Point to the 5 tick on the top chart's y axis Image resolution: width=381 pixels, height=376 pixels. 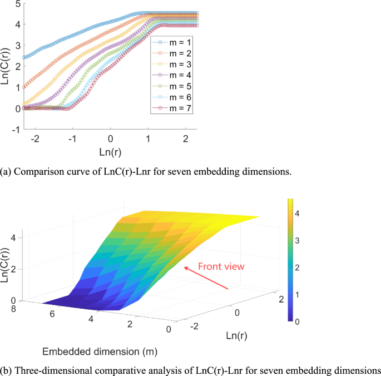[17, 4]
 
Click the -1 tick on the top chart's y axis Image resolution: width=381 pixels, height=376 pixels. [16, 129]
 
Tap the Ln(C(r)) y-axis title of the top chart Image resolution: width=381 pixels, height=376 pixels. [6, 67]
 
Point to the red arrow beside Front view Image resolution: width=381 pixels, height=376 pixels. [209, 280]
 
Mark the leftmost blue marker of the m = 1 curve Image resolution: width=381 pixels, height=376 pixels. [24, 57]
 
